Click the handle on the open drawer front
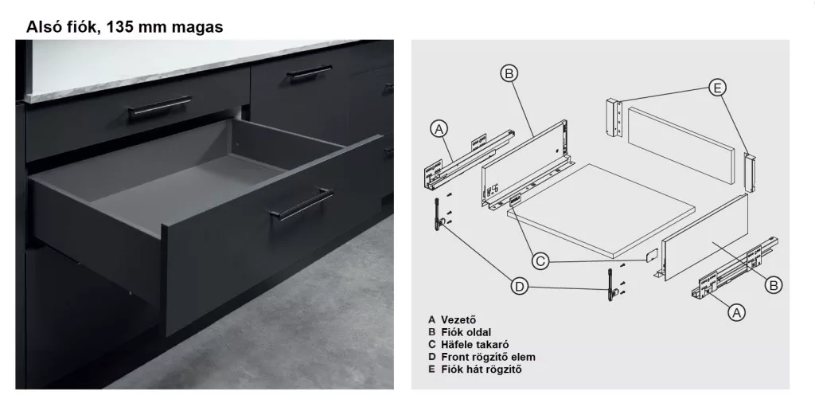pos(302,204)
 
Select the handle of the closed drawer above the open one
pos(160,106)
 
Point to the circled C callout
pos(540,260)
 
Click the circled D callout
pos(519,286)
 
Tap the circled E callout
pos(717,88)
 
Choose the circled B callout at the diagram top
pos(509,74)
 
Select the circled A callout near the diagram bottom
pos(736,312)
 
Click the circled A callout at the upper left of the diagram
pos(439,128)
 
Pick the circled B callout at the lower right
pos(774,284)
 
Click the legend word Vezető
pos(458,320)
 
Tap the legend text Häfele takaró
pos(475,344)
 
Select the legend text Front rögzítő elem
pos(488,357)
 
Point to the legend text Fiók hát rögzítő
pos(482,370)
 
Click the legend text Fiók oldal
pos(466,332)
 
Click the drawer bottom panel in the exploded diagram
pos(601,210)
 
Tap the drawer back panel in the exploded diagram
pos(681,145)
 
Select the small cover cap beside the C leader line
pos(652,255)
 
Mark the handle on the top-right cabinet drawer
pos(310,72)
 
